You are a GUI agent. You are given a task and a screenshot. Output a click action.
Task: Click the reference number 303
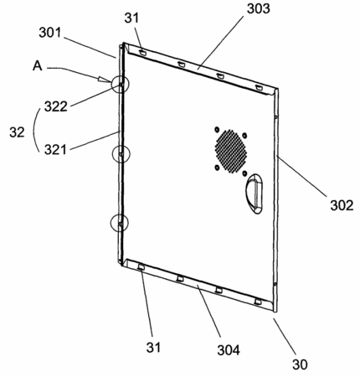coord(259,8)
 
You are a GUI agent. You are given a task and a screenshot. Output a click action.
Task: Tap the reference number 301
coord(50,33)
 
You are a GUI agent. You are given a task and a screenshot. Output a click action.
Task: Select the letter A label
coord(38,66)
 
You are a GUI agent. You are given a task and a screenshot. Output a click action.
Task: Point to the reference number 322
coord(56,106)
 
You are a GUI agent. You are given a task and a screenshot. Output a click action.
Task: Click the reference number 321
coord(55,150)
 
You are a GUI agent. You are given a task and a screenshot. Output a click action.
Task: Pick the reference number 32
coord(17,132)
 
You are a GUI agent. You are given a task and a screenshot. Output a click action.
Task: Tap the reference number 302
coord(342,205)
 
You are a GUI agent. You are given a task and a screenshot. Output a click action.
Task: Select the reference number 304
coord(229,350)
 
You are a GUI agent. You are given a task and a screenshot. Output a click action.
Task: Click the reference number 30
coord(300,364)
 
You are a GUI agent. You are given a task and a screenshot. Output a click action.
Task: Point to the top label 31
coord(131,18)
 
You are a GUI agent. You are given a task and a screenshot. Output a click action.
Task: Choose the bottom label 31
coord(153,348)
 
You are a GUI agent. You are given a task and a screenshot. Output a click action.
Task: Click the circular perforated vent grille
coord(231,151)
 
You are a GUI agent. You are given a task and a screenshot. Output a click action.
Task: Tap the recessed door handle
coord(254,194)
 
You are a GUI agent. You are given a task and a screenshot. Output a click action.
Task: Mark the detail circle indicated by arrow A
coord(121,84)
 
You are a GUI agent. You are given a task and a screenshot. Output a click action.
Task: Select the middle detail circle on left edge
coord(121,154)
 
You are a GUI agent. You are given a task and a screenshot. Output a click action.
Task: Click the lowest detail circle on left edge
coord(120,223)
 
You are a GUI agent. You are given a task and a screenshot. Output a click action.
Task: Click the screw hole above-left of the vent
coord(216,130)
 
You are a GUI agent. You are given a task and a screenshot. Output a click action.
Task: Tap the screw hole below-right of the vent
coord(244,173)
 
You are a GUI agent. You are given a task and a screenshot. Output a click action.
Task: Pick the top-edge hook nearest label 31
coord(142,52)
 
